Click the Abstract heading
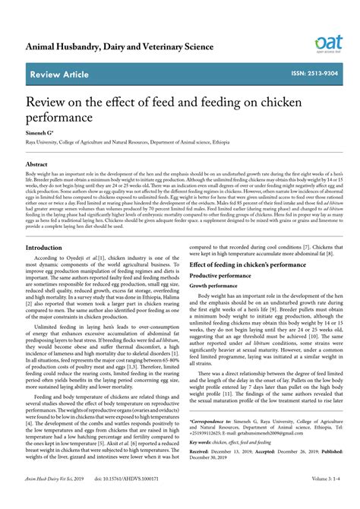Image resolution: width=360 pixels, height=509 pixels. [37, 164]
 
